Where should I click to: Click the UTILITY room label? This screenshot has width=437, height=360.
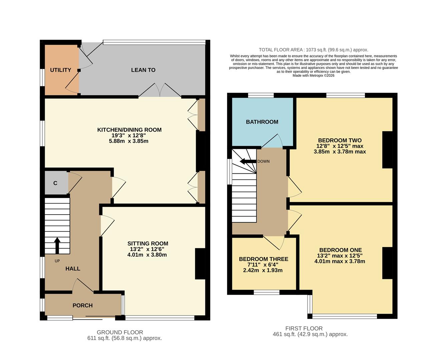(60, 70)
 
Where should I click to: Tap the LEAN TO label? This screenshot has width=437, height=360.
(143, 70)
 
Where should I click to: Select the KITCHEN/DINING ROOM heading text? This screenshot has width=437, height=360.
(129, 130)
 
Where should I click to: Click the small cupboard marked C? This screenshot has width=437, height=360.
(55, 183)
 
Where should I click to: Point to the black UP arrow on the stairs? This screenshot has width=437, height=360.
(57, 245)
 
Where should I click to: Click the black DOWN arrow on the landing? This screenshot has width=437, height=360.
(247, 162)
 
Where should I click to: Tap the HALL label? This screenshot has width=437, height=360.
(72, 268)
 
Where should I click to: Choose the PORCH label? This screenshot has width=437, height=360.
(82, 305)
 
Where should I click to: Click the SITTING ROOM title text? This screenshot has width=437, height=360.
(148, 243)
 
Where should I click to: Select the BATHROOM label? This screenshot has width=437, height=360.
(262, 122)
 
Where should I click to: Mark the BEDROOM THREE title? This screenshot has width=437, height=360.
(263, 259)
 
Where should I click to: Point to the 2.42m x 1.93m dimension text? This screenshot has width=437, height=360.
(263, 270)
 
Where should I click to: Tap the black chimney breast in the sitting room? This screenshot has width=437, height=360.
(200, 263)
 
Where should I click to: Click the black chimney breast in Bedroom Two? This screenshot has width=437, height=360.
(387, 150)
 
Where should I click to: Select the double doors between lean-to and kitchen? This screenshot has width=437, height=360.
(160, 90)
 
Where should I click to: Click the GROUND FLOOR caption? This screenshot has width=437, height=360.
(120, 332)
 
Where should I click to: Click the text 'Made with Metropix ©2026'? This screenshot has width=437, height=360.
(313, 76)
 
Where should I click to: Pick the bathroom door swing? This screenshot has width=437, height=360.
(273, 141)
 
